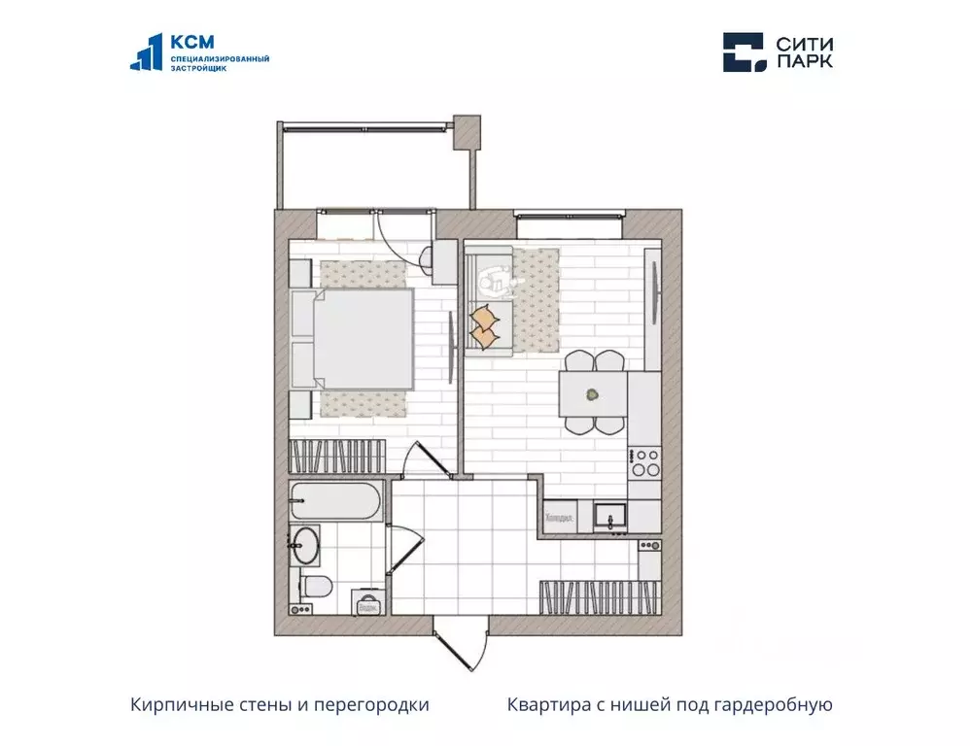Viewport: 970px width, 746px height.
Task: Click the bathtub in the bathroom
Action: (x=335, y=502)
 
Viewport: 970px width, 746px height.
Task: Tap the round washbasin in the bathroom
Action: (x=306, y=545)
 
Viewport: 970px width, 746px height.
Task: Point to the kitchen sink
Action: (x=610, y=514)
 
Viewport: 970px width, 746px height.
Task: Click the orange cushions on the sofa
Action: (x=483, y=325)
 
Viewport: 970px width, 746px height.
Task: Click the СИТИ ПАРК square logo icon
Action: (x=744, y=52)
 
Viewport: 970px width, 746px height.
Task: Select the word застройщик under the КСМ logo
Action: (x=198, y=69)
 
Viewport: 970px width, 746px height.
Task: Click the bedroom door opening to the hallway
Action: (x=428, y=461)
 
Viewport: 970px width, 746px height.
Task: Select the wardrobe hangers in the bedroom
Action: (x=339, y=456)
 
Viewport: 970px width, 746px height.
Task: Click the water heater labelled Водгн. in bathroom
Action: (x=367, y=602)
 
